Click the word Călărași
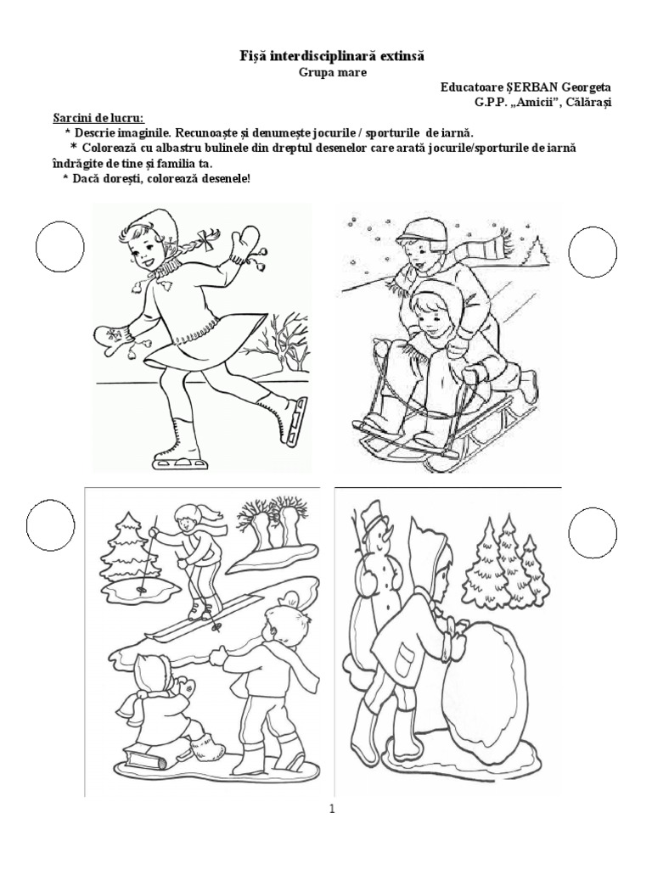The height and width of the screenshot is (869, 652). (x=591, y=102)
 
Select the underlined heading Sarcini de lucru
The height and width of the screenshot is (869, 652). (x=98, y=118)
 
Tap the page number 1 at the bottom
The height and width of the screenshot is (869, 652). (x=332, y=810)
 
